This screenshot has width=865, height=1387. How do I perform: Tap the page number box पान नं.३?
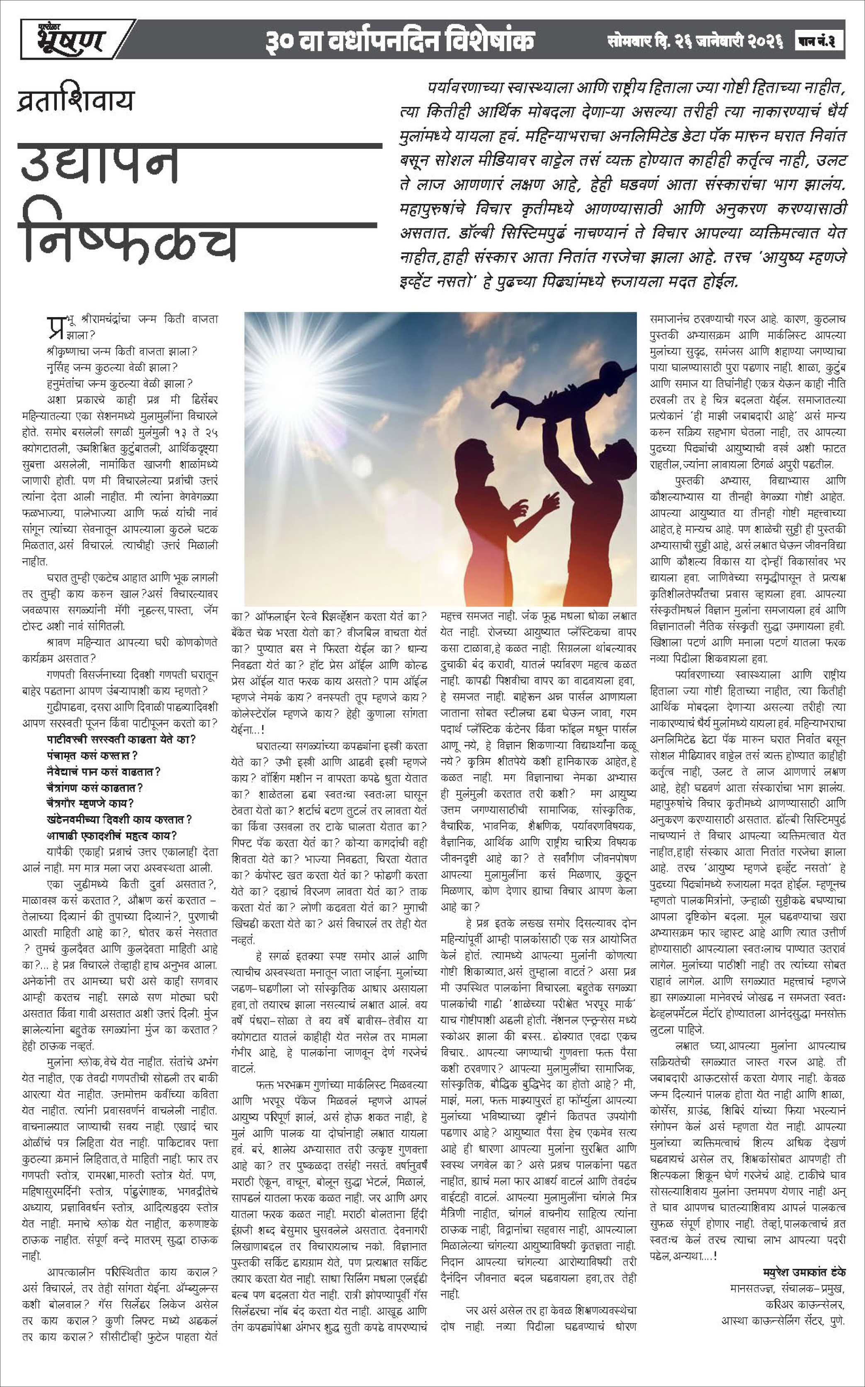pos(819,41)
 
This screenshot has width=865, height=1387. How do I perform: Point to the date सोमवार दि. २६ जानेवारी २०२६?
pos(695,41)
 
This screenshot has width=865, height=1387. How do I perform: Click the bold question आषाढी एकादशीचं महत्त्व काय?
pos(112,835)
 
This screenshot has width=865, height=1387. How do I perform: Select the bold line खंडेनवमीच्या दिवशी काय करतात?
pos(119,819)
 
